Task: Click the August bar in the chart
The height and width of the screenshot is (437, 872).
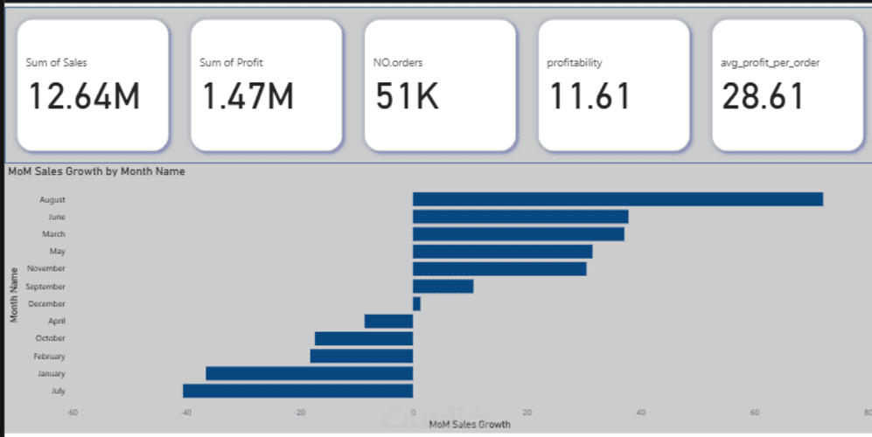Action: [x=617, y=199]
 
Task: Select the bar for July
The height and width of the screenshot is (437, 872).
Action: [x=297, y=391]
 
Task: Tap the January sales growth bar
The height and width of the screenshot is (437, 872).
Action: [x=309, y=373]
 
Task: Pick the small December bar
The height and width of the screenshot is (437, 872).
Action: [x=416, y=303]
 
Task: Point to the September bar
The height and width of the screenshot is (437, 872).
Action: [x=443, y=286]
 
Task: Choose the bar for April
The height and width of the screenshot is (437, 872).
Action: [x=388, y=321]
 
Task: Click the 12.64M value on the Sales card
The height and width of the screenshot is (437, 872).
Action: [x=84, y=95]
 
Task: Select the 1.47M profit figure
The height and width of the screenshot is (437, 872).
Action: [x=248, y=95]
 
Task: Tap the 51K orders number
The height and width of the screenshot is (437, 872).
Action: [x=408, y=95]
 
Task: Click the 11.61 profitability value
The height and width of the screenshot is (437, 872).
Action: [x=589, y=95]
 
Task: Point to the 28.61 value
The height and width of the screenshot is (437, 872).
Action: [x=763, y=95]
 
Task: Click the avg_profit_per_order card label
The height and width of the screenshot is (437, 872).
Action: [x=770, y=63]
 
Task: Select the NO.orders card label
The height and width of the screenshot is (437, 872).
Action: [x=399, y=63]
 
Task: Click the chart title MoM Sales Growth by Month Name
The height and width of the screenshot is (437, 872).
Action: [x=96, y=171]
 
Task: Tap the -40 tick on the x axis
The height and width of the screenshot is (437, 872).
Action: [x=185, y=413]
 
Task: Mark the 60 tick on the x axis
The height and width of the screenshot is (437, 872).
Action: [x=754, y=413]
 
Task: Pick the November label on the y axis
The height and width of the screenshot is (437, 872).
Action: [x=47, y=268]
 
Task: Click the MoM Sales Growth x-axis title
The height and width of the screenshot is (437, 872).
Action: [x=470, y=425]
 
